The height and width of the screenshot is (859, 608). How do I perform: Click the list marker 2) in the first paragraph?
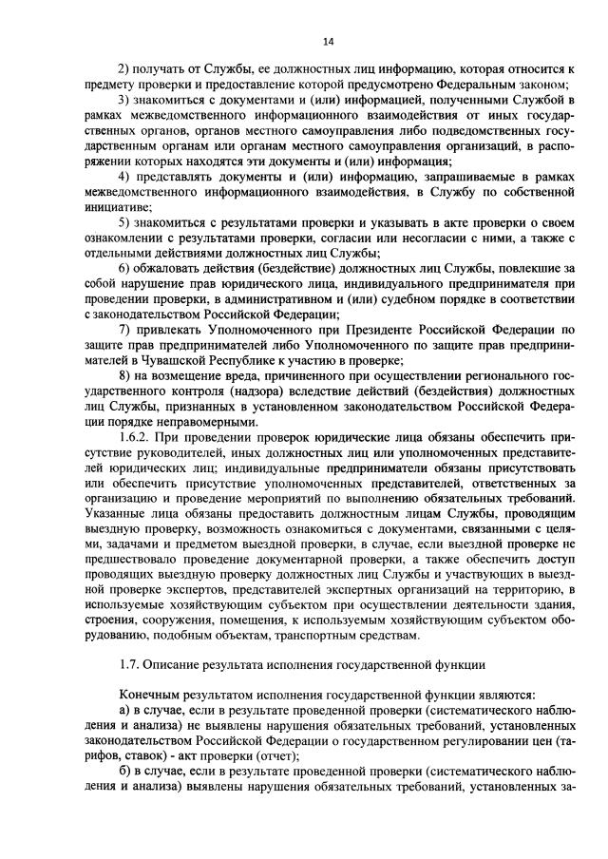point(123,70)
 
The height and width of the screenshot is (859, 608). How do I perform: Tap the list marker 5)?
point(123,222)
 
